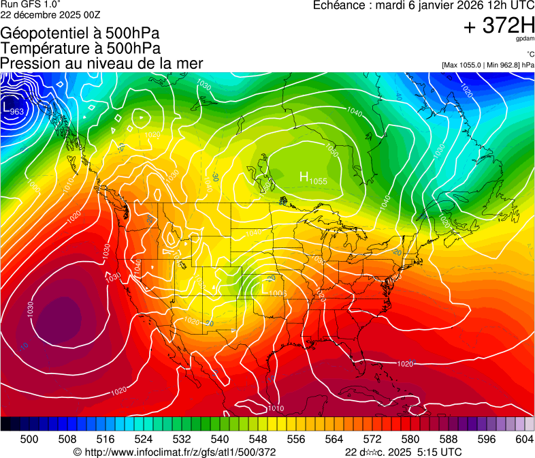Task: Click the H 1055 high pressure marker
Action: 313,178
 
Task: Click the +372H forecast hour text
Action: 498,26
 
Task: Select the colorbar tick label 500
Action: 29,439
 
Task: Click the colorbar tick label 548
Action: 258,439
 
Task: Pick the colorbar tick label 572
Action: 372,439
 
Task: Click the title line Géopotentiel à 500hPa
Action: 80,33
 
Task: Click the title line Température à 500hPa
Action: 80,48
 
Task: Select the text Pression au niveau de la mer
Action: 101,63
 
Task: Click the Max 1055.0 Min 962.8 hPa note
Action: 487,65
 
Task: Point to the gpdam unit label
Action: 526,40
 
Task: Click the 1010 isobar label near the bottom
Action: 276,408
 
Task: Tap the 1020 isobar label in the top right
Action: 466,89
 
